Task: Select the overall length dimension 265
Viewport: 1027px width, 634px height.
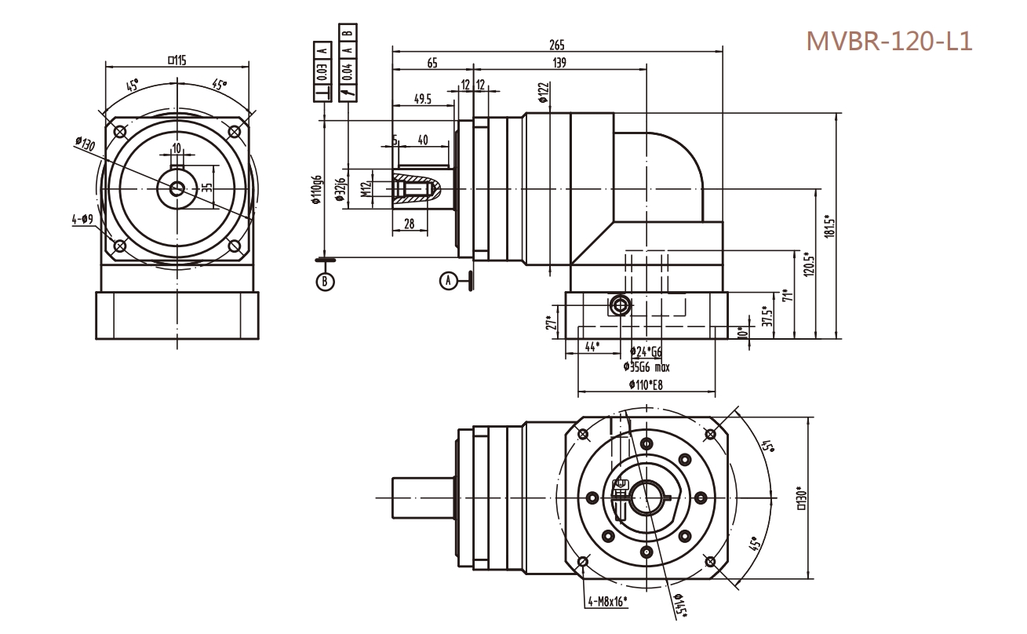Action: (557, 46)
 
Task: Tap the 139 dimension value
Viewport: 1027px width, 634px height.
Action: (559, 63)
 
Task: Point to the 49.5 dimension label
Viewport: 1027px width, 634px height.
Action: (424, 99)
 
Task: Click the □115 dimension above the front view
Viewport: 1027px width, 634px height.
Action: (177, 60)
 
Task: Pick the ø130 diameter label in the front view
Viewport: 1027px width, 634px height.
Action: (84, 144)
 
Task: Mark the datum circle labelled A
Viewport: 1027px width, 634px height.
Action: (448, 279)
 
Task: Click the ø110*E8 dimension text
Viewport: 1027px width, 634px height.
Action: (646, 384)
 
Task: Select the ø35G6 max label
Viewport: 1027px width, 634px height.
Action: (646, 366)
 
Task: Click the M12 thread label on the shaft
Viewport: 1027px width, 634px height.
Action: (365, 190)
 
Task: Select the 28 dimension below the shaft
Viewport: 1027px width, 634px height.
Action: (409, 224)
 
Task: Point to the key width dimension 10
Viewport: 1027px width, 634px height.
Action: (177, 148)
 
